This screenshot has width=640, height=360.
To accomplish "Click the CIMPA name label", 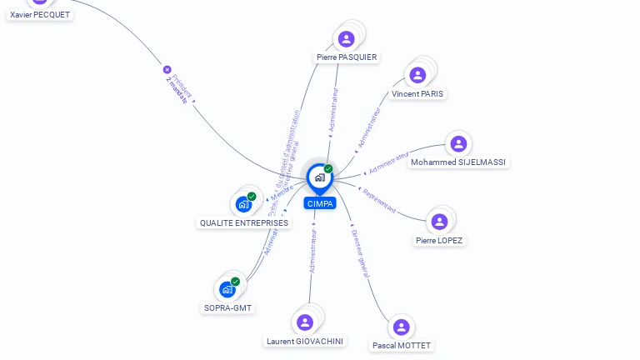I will pos(320,203).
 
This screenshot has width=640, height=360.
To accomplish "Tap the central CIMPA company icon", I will pos(319,177).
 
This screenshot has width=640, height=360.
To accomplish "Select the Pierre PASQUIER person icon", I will pos(346,38).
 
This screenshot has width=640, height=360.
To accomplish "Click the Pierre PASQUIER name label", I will pos(347,57).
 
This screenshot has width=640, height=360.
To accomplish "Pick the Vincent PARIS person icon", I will pos(417,75).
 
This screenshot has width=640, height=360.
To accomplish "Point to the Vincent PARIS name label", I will pos(417,94).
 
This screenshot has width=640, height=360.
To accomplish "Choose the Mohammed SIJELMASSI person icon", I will pos(457,143).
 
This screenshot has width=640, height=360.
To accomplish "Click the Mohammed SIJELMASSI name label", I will pos(458,162).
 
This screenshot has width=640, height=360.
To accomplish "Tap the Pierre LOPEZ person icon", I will pos(439,221).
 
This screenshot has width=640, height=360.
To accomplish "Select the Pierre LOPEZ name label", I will pos(439,241).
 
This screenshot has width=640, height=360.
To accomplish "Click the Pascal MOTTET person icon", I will pos(401,327).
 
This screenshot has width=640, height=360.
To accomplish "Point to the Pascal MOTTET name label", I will pos(402,345).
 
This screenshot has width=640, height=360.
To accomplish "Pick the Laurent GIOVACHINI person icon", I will pos(305,322).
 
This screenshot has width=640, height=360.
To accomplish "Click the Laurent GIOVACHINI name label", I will pos(305,341).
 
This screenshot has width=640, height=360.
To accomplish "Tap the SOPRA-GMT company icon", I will pos(227,289).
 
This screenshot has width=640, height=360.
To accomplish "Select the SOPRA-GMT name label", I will pos(228,308).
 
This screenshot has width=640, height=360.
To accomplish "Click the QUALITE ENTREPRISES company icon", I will pos(243,203).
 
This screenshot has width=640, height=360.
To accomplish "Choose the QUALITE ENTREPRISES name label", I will pos(244,222).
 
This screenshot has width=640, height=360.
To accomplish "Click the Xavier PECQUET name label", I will pos(40,14).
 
